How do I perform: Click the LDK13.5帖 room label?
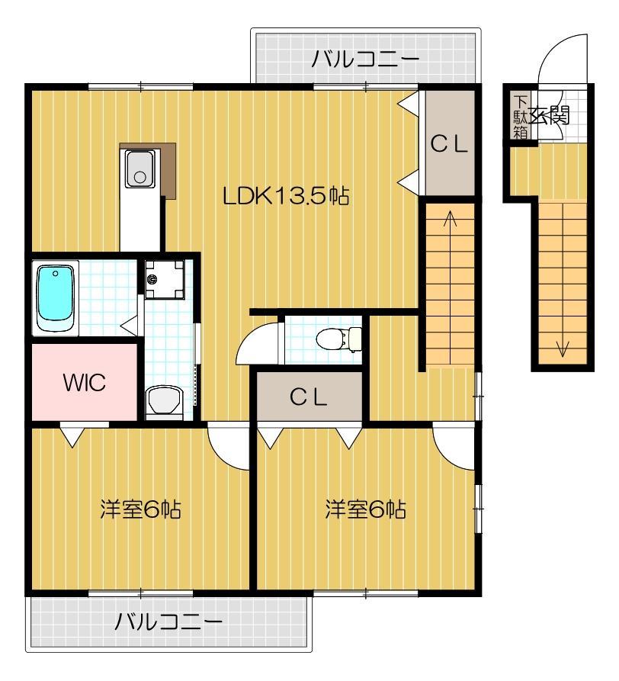(286, 196)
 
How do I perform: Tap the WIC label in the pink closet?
(84, 383)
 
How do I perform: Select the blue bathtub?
(55, 299)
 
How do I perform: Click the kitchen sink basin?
(140, 169)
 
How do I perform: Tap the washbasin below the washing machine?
(164, 400)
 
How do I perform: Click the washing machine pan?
(164, 280)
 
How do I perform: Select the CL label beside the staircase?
(449, 144)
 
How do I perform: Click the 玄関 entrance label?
(549, 116)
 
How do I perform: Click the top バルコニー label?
(365, 59)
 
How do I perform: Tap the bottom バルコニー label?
(169, 622)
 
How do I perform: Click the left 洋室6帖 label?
(140, 509)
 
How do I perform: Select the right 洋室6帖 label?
(365, 509)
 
